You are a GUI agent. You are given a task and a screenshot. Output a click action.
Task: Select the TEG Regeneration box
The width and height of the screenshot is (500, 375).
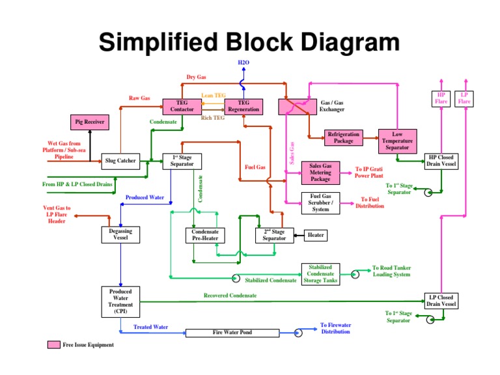click(x=243, y=106)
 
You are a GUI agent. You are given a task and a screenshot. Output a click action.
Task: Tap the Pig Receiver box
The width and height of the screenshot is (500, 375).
click(x=89, y=122)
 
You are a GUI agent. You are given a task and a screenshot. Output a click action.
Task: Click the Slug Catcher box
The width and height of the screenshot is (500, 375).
click(x=120, y=160)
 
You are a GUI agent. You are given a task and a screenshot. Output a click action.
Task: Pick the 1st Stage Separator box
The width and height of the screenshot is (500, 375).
click(x=182, y=161)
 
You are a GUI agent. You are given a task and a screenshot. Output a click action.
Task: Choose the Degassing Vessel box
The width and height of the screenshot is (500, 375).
click(x=120, y=234)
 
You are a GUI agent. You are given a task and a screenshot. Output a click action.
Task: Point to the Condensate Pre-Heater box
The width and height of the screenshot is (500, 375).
click(x=205, y=235)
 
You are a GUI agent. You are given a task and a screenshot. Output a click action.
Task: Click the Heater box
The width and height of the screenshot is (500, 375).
click(x=315, y=235)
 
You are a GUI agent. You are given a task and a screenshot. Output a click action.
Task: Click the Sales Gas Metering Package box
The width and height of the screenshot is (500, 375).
click(x=320, y=173)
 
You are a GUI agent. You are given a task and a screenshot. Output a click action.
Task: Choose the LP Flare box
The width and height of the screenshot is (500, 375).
click(x=464, y=98)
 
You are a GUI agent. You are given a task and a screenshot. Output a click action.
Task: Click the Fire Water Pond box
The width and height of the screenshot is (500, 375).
click(x=232, y=333)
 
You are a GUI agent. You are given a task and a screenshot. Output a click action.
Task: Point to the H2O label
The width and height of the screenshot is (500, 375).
click(x=243, y=62)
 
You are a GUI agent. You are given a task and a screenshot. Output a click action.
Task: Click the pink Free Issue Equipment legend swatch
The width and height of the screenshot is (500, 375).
click(x=53, y=344)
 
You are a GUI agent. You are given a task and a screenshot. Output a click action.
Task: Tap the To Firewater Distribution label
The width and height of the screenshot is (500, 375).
click(x=335, y=328)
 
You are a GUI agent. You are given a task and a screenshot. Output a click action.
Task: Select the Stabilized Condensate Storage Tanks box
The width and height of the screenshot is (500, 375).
click(x=320, y=274)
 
